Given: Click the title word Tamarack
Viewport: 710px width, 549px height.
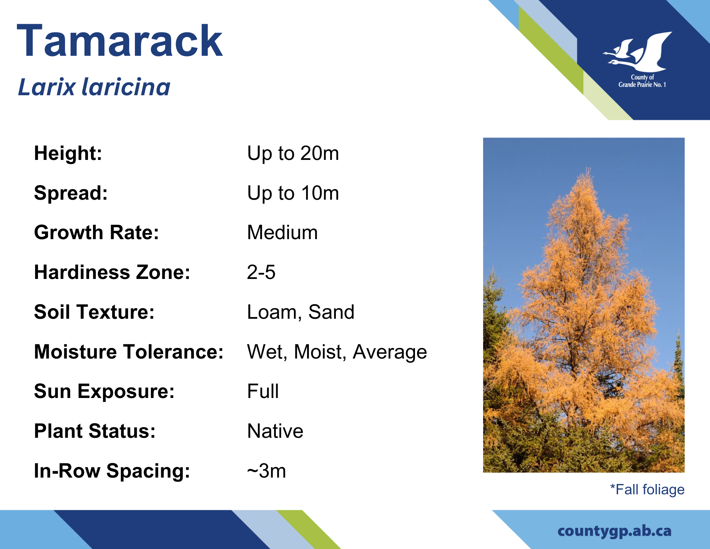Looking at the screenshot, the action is tap(120, 41).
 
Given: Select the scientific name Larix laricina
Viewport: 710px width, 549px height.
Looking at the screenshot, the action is tap(94, 87).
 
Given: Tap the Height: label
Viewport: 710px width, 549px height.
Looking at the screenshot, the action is tap(68, 154).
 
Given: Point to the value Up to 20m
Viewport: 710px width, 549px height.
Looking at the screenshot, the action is tap(293, 154).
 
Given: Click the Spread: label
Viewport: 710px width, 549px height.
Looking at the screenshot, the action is tap(71, 193).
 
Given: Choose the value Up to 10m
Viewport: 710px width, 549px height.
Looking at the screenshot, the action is tap(293, 193).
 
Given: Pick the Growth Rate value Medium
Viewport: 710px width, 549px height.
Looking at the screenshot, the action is tap(282, 233).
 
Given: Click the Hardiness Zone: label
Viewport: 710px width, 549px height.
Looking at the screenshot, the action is tap(112, 273).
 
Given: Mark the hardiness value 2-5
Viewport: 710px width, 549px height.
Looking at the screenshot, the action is tap(261, 273).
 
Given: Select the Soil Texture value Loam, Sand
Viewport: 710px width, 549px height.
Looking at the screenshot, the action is tap(301, 312).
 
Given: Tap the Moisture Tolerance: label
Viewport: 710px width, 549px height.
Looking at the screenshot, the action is tap(129, 352).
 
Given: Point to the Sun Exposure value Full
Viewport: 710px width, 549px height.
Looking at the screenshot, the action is tap(263, 392).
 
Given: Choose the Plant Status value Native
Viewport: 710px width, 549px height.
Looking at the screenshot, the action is tap(275, 431).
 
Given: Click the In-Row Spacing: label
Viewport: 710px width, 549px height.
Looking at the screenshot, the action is tap(112, 471).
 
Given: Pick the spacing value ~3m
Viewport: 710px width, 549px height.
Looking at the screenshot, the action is tap(266, 471).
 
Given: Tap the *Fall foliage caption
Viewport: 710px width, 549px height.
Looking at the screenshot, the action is tap(647, 490).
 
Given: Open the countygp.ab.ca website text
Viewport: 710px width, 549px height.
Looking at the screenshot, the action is tap(615, 532).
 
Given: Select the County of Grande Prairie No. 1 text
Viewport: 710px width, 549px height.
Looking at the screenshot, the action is tap(642, 81).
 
